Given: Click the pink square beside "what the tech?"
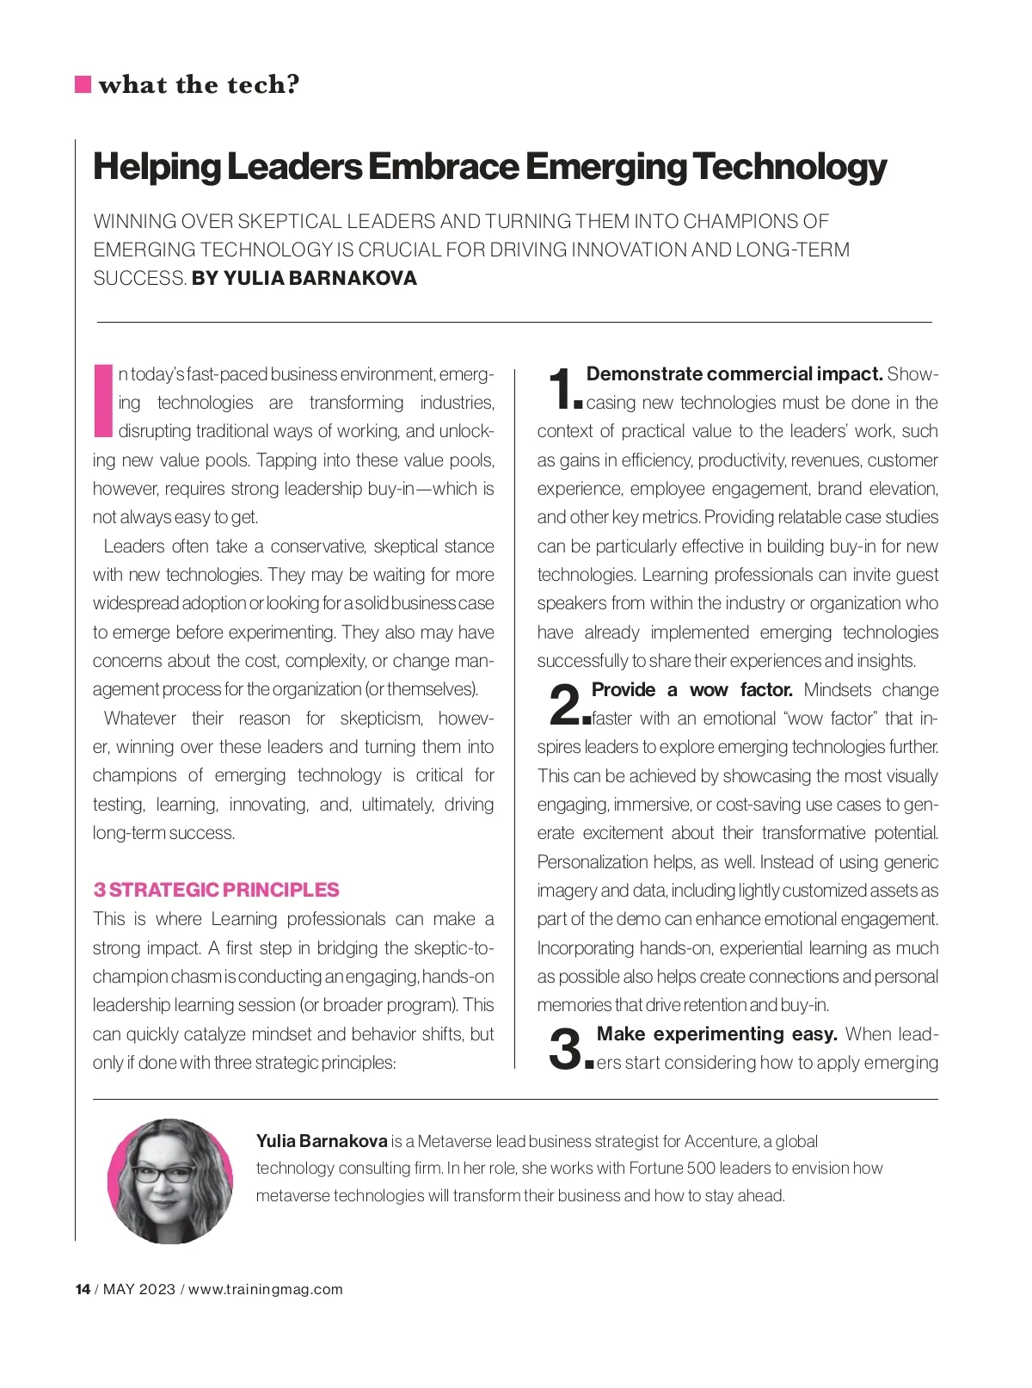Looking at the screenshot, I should [x=83, y=84].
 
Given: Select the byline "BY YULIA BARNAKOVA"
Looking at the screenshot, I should [x=304, y=279].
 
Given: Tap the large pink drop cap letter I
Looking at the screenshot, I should [x=103, y=401].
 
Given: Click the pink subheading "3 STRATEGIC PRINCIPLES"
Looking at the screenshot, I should [x=216, y=890].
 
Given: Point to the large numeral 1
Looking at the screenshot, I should [x=562, y=388].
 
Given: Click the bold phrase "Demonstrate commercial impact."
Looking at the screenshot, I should [x=734, y=374].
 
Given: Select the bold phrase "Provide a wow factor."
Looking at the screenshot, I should [x=692, y=690].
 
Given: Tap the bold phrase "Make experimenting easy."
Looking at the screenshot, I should [x=716, y=1034].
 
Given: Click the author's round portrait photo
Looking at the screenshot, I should [x=170, y=1181].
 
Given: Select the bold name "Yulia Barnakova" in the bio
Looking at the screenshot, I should [x=322, y=1142].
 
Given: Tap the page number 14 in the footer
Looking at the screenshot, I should [x=83, y=1289].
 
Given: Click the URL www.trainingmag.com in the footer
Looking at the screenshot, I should [x=265, y=1289].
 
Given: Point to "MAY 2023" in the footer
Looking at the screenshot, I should [x=138, y=1289].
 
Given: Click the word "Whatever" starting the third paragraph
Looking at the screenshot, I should [x=140, y=719].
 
